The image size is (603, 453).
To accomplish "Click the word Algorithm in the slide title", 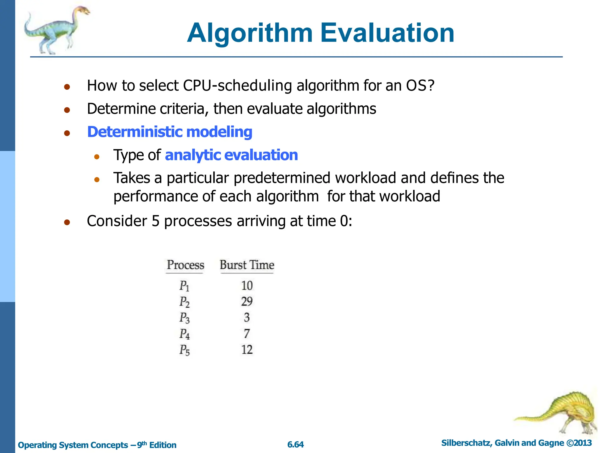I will tap(250, 33).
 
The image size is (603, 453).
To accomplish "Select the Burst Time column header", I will tap(247, 265).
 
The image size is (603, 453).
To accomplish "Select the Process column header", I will tap(185, 265).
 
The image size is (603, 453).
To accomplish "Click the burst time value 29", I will tap(247, 301).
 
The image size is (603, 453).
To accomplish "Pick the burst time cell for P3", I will tap(247, 318).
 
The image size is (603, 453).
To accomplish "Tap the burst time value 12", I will tap(247, 350).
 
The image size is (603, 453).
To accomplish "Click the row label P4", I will tap(185, 334).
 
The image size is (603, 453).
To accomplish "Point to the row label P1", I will tap(184, 286).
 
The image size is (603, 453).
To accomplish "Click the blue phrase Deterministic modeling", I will tap(170, 132).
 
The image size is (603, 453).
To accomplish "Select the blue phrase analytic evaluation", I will tap(231, 155).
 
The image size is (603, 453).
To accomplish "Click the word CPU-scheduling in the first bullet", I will tap(237, 86).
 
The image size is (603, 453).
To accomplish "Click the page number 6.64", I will tap(295, 445).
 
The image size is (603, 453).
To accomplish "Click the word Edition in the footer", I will tap(163, 445).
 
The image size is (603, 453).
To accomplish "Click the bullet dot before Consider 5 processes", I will tap(67, 222).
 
